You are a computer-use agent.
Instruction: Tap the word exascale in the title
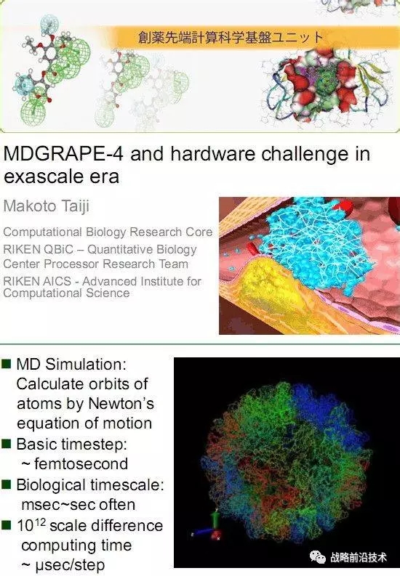click(44, 177)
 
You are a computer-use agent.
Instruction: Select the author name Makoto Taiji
click(47, 206)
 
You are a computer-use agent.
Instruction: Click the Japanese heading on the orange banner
click(231, 38)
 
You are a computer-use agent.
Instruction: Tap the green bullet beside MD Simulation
click(7, 364)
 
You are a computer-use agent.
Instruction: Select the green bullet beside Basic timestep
click(7, 443)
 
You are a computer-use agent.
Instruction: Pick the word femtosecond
click(81, 463)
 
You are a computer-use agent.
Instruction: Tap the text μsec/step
click(70, 565)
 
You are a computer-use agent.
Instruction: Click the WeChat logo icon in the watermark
click(317, 557)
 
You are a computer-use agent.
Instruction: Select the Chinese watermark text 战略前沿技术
click(359, 557)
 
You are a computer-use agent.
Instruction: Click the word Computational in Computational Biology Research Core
click(43, 232)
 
